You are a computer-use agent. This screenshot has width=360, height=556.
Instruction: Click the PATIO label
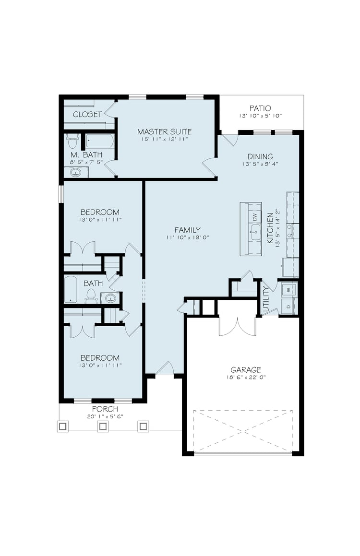pyautogui.click(x=260, y=108)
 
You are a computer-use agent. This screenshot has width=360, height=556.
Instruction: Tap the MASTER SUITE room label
pyautogui.click(x=165, y=131)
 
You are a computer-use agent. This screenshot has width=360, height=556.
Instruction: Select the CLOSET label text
pyautogui.click(x=87, y=114)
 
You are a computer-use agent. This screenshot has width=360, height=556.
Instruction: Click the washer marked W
pyautogui.click(x=288, y=290)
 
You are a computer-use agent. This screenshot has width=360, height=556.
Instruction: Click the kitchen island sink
pyautogui.click(x=255, y=232)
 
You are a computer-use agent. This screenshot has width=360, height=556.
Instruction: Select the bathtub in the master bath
pyautogui.click(x=100, y=142)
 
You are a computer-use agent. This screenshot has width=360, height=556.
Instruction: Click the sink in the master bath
pyautogui.click(x=75, y=173)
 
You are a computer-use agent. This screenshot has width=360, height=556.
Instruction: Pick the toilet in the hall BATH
pyautogui.click(x=91, y=296)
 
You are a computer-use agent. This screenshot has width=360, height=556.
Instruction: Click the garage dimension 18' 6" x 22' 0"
pyautogui.click(x=246, y=377)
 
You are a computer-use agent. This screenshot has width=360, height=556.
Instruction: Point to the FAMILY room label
pyautogui.click(x=188, y=230)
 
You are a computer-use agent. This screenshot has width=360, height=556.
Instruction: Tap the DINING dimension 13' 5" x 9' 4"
pyautogui.click(x=260, y=164)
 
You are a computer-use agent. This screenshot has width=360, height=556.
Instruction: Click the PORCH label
pyautogui.click(x=105, y=409)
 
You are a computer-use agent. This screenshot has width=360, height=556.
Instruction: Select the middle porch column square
pyautogui.click(x=103, y=426)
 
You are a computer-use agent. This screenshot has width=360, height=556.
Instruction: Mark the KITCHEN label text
pyautogui.click(x=270, y=228)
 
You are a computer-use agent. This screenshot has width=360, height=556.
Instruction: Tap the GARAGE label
pyautogui.click(x=246, y=370)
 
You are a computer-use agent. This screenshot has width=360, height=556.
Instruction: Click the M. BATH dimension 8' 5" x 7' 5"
pyautogui.click(x=86, y=162)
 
